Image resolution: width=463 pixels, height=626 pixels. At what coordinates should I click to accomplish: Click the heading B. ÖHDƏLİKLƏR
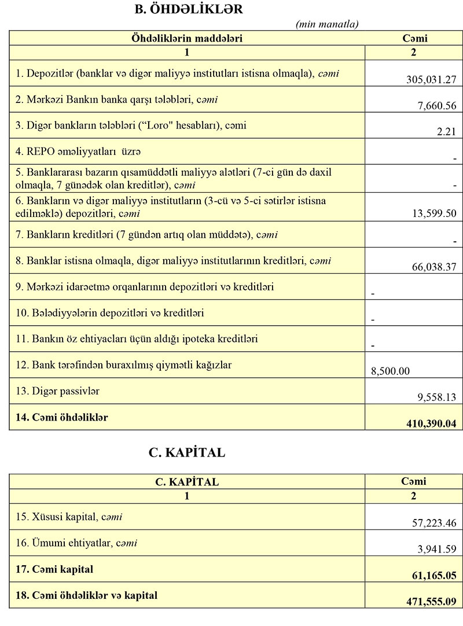188,9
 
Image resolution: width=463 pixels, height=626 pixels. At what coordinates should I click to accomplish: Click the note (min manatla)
327,24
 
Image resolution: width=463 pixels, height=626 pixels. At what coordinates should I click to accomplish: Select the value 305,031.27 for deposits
431,79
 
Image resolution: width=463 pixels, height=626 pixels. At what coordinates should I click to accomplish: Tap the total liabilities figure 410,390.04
431,424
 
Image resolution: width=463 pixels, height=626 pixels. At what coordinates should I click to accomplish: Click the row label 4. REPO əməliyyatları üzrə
79,152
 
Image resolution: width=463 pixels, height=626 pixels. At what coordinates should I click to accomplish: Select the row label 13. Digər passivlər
58,391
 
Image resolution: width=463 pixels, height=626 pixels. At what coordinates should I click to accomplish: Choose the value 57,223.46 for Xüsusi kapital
434,523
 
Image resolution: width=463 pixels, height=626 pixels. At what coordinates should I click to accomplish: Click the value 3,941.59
438,549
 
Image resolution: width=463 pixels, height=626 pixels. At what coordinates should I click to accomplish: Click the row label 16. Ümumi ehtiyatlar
77,543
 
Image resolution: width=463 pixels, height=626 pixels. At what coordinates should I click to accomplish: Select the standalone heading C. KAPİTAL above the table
187,453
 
